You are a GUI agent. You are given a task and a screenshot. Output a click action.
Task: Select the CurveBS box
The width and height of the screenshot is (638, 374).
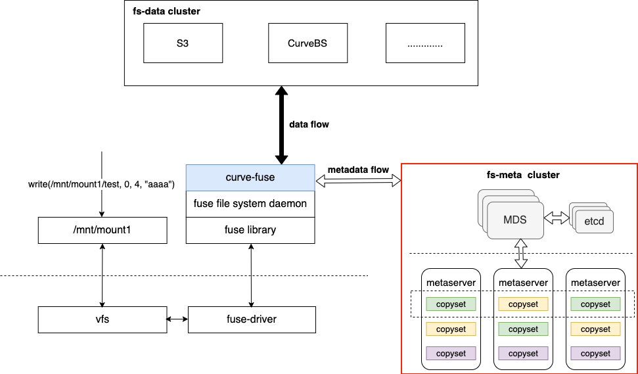point(308,43)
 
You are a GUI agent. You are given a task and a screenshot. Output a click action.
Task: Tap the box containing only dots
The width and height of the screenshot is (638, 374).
point(425,43)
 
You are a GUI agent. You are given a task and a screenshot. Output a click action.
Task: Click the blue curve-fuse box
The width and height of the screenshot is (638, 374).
point(250,177)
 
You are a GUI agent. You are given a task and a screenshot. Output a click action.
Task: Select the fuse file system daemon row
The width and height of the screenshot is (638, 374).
point(250,204)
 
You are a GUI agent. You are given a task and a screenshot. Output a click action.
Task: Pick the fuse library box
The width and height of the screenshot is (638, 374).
point(250,230)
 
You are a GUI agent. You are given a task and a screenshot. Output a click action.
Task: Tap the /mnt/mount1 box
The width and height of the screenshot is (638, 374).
point(102,230)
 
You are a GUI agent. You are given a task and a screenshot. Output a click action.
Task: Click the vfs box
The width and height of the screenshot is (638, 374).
point(102,319)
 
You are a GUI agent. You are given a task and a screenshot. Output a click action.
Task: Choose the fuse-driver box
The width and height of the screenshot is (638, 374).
point(252,319)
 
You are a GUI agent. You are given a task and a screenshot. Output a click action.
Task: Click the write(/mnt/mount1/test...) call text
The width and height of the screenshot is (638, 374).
point(101,184)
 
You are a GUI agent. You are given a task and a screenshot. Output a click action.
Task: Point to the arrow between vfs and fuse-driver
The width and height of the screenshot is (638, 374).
point(177,319)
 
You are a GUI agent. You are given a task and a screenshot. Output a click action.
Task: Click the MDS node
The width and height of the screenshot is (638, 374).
point(515,220)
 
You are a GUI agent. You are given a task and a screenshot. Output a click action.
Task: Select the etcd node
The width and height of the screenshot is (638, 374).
point(595,222)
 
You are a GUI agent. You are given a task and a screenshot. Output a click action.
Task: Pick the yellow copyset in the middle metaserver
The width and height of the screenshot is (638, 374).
point(523,304)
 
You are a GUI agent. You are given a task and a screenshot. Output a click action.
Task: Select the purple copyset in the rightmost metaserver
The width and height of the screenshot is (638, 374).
point(595,354)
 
